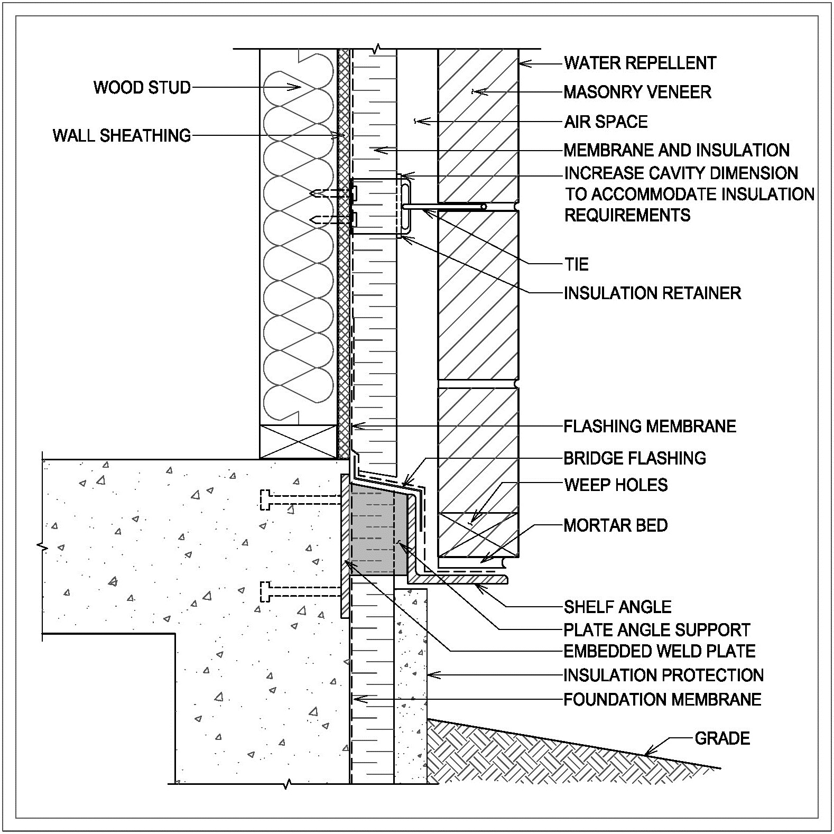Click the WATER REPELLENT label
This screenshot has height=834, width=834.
[x=640, y=63]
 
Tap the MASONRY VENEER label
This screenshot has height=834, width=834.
[x=637, y=92]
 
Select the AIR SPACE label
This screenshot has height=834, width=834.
[x=606, y=122]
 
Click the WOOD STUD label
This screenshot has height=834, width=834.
[x=142, y=87]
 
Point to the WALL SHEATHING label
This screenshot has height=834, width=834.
[x=122, y=136]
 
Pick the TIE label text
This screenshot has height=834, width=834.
[x=576, y=264]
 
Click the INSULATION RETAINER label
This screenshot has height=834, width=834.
[x=652, y=293]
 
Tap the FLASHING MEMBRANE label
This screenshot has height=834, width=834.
[x=650, y=426]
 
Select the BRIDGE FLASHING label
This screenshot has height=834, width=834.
[x=635, y=458]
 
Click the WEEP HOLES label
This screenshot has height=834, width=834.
[x=616, y=485]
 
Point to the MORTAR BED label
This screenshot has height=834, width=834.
[x=616, y=525]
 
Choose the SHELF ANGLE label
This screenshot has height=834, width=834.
[x=617, y=607]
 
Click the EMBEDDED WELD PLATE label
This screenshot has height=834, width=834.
[x=660, y=651]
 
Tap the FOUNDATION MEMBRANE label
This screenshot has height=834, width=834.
[x=662, y=700]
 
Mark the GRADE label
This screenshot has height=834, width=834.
[x=722, y=738]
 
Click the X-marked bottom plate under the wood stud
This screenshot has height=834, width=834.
[x=298, y=442]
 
